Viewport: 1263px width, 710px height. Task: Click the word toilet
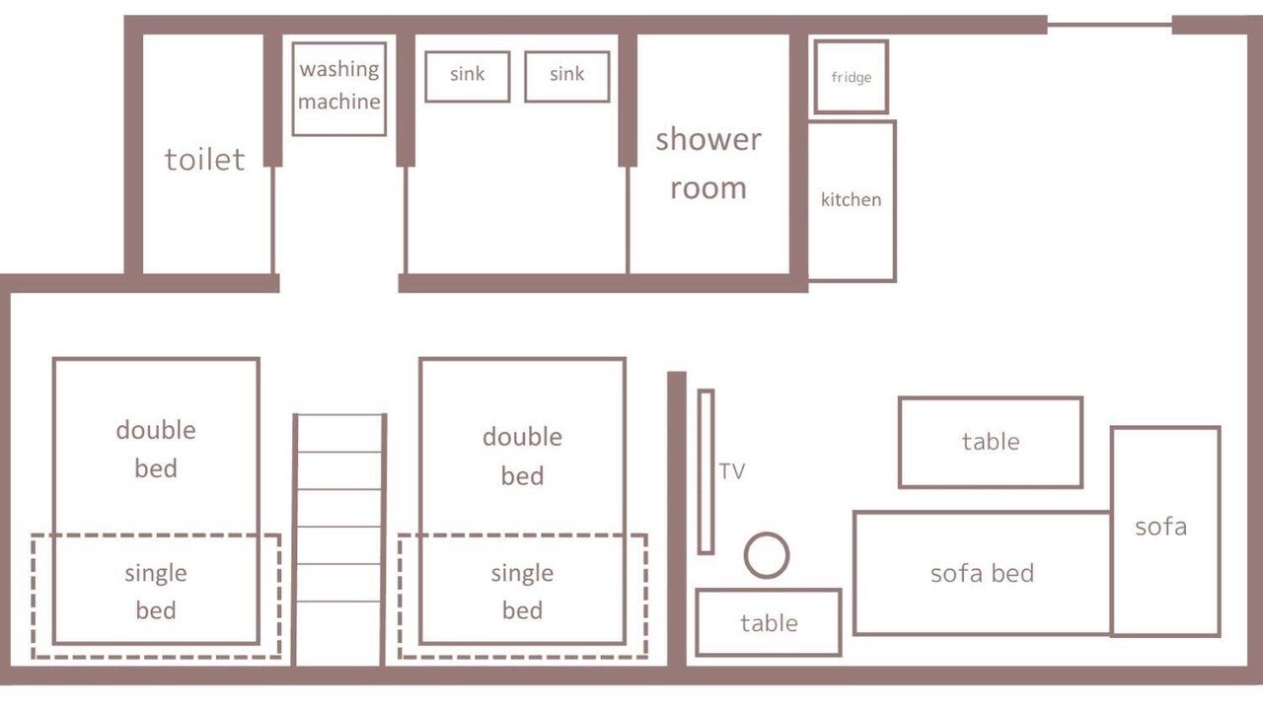click(204, 160)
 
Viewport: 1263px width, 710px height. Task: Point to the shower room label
click(708, 164)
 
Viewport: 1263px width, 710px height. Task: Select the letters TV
click(732, 471)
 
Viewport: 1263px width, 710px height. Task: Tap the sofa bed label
click(982, 574)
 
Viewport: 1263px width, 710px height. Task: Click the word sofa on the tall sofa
click(1161, 527)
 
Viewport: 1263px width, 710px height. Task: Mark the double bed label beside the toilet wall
click(156, 449)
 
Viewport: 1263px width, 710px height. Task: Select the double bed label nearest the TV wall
click(523, 457)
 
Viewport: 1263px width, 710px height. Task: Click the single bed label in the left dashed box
click(156, 592)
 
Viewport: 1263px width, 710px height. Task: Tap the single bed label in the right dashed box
click(523, 592)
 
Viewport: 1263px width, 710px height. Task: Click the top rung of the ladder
click(339, 415)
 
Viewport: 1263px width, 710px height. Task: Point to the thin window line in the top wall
click(1110, 25)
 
